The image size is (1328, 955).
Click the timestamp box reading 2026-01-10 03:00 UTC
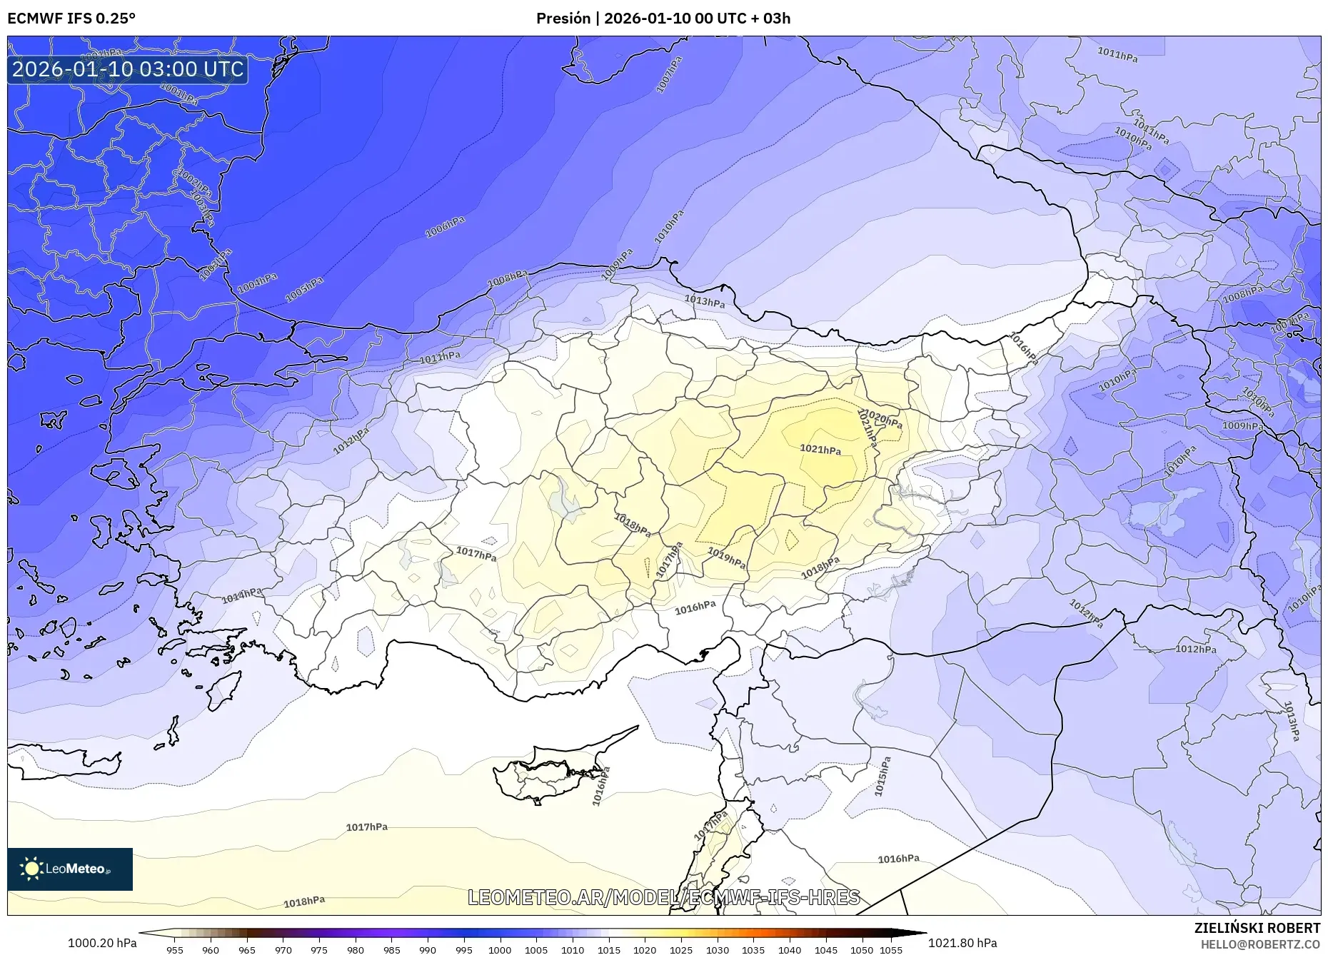point(128,69)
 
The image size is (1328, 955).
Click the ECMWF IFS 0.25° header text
point(71,19)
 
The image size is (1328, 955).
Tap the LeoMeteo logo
point(70,869)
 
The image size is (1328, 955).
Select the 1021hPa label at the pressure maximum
point(820,450)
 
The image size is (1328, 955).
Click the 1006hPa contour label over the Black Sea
point(445,227)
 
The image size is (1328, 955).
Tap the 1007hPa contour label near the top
point(669,74)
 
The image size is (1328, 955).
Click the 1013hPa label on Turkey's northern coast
point(705,301)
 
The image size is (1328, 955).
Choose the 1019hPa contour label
point(726,557)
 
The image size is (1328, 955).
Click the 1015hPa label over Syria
point(883,777)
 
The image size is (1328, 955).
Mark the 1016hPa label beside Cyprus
point(601,787)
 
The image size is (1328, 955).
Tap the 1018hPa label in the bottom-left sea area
point(304,902)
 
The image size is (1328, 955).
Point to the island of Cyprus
point(550,774)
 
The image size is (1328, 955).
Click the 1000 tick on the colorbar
point(500,949)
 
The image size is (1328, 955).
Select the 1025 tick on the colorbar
point(680,949)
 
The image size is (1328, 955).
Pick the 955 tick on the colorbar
point(175,949)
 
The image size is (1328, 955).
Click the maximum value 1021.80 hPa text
point(962,943)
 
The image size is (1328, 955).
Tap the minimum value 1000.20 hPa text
point(102,943)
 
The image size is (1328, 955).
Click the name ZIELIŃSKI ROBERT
point(1257,928)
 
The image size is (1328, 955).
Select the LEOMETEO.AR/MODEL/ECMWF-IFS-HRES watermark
point(663,897)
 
